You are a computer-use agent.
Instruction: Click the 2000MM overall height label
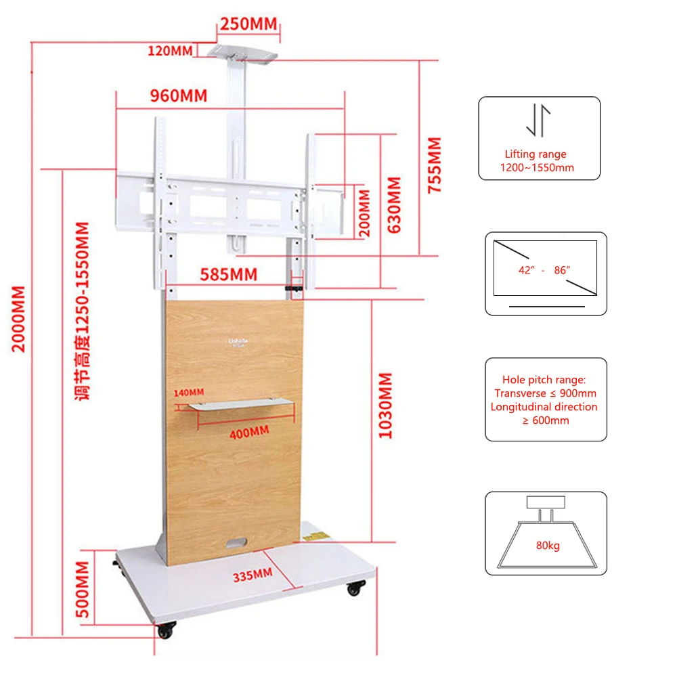(x=19, y=318)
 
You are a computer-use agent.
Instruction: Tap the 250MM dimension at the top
(x=248, y=24)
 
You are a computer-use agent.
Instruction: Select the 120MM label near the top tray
(x=171, y=50)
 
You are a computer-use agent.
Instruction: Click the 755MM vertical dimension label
(x=434, y=166)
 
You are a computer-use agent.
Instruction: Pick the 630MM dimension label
(x=393, y=205)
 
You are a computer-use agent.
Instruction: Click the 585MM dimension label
(x=228, y=274)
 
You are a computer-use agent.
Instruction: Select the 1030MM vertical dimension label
(x=385, y=406)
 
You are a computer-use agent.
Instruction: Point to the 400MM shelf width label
(x=248, y=432)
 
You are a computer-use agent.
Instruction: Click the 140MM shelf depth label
(x=188, y=392)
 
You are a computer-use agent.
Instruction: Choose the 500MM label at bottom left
(x=83, y=589)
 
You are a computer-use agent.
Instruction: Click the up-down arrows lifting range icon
(x=539, y=121)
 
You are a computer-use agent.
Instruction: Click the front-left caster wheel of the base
(x=165, y=631)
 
